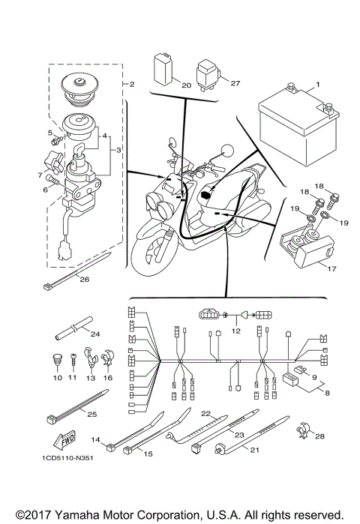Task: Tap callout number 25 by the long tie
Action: click(x=92, y=414)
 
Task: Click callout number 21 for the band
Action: click(x=254, y=450)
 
